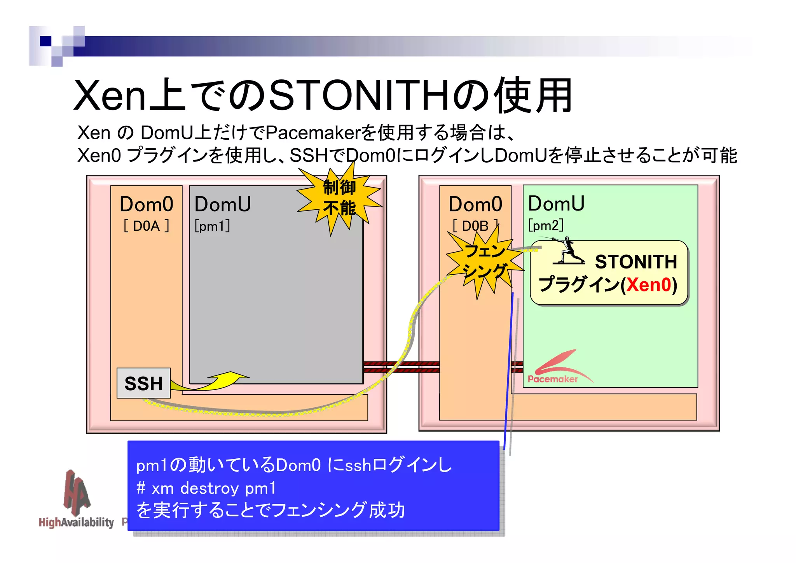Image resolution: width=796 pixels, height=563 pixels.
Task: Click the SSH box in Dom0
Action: pyautogui.click(x=143, y=383)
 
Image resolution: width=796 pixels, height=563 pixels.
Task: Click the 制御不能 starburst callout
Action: pyautogui.click(x=339, y=198)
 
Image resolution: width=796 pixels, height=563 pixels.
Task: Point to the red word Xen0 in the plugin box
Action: pyautogui.click(x=649, y=285)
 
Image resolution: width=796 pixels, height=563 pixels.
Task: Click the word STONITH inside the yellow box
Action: pyautogui.click(x=636, y=262)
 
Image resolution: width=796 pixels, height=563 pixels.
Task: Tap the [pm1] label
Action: pyautogui.click(x=212, y=226)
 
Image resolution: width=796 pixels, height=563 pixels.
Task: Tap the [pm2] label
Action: pyautogui.click(x=546, y=225)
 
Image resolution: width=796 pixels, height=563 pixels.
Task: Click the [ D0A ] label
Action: pyautogui.click(x=146, y=226)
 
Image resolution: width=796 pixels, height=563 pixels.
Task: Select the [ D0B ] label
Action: pyautogui.click(x=475, y=226)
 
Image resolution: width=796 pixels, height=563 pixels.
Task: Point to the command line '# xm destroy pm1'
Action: pyautogui.click(x=206, y=488)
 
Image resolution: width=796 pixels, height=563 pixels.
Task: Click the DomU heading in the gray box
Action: pyautogui.click(x=223, y=204)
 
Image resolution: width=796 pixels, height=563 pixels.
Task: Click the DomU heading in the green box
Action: pyautogui.click(x=556, y=203)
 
